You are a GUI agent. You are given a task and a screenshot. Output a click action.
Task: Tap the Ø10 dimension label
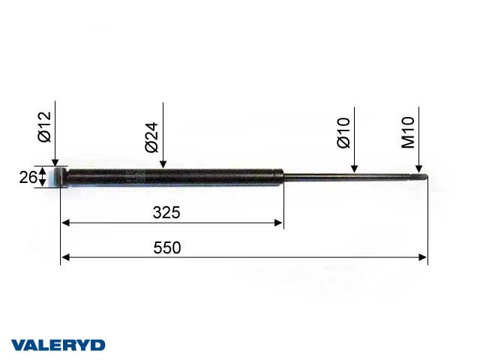344,133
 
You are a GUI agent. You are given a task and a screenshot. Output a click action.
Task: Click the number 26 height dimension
28,178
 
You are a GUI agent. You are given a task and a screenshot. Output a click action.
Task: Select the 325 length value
166,212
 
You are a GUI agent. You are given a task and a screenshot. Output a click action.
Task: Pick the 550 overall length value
166,247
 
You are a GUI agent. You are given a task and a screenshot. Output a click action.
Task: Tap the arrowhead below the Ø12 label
55,162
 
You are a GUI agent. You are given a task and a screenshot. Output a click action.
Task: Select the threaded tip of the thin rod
422,177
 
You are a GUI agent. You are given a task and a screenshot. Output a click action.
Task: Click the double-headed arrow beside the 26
43,178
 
